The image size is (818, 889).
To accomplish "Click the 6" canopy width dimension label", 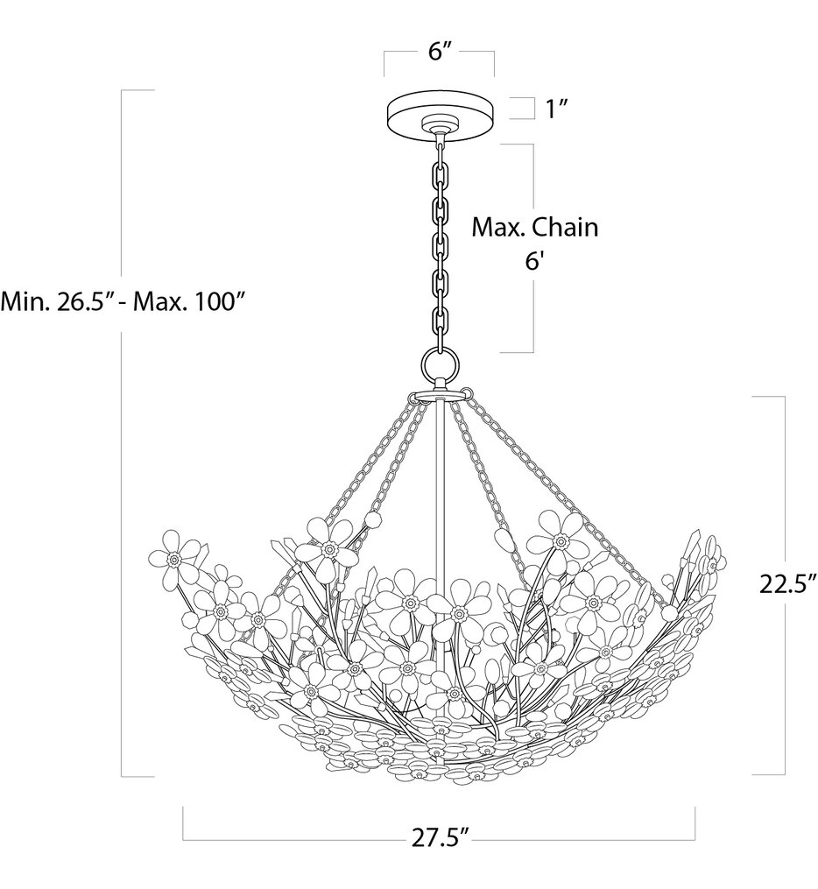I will point(439,52).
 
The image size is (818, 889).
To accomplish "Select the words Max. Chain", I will point(535,228).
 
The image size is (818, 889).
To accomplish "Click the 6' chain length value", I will point(534,262).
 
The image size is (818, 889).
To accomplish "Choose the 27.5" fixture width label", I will point(438,836).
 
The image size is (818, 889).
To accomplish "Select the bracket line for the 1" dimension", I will point(532,108).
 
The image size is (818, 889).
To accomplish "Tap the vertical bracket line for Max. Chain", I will point(532,245).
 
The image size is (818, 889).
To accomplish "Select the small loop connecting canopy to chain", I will point(440,133).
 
